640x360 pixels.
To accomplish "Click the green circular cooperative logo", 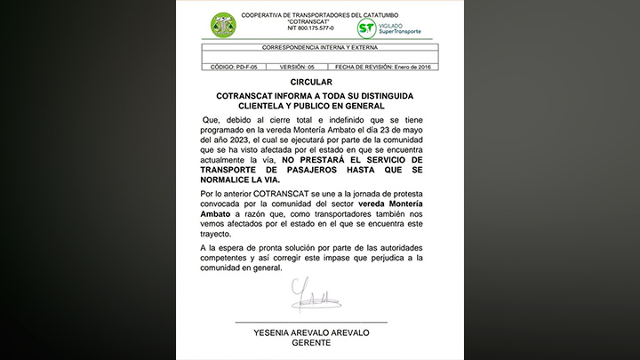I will click(x=223, y=26).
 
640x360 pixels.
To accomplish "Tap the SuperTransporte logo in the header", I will click(x=388, y=28).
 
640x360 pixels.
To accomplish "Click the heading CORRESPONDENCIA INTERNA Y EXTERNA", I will click(x=317, y=47).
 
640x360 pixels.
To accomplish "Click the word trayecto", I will click(x=220, y=236).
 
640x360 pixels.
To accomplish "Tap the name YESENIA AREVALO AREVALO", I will click(x=310, y=332).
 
